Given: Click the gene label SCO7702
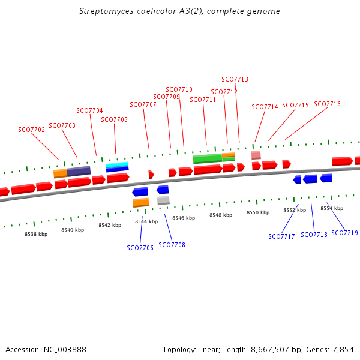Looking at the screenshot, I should [31, 130].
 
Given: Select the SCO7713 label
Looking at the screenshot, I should [235, 79].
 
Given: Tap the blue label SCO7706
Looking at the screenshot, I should [140, 248].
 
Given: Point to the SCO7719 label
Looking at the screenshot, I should [344, 233].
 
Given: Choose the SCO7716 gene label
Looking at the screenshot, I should [327, 104].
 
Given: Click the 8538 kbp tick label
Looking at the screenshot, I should [36, 234].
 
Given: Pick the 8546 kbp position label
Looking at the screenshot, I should [184, 218].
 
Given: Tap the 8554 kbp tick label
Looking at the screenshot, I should [332, 208].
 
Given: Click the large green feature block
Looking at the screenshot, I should [207, 159].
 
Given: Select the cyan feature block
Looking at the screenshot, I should [117, 165].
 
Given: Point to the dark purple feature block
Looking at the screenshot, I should [79, 171].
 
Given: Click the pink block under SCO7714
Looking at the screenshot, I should [256, 155].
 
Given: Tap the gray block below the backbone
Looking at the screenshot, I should [163, 200].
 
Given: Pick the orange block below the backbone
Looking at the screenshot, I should [141, 202].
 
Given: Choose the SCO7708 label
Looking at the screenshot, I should [172, 245].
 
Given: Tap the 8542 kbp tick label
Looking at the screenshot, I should [110, 225].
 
